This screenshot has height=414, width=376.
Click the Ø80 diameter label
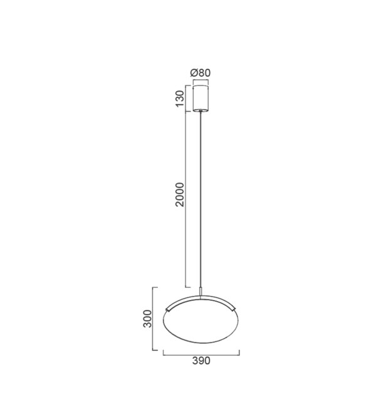pyautogui.click(x=201, y=73)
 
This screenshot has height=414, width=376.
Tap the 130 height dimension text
pyautogui.click(x=180, y=98)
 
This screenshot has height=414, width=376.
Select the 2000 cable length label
pyautogui.click(x=180, y=194)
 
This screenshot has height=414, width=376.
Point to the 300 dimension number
pyautogui.click(x=147, y=319)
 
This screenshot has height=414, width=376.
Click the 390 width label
pyautogui.click(x=201, y=361)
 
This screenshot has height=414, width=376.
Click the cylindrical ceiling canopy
pyautogui.click(x=201, y=98)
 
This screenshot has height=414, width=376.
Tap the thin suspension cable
pyautogui.click(x=201, y=199)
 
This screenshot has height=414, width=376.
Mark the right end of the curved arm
pyautogui.click(x=234, y=309)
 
